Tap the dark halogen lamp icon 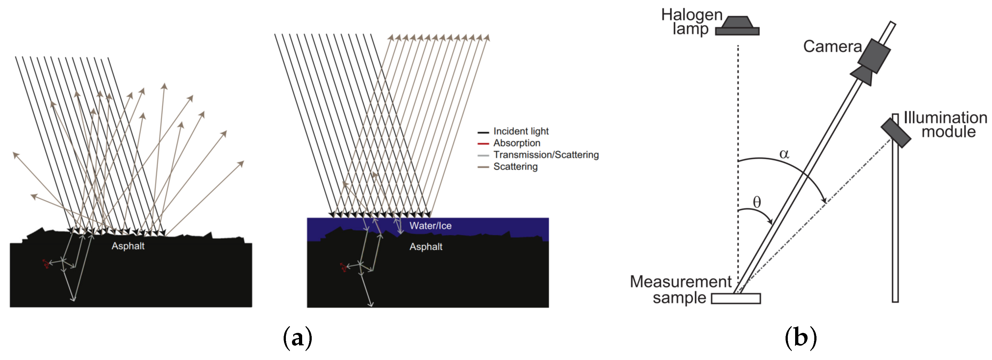pyautogui.click(x=737, y=26)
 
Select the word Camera pyautogui.click(x=832, y=47)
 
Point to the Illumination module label pyautogui.click(x=945, y=124)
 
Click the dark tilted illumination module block pyautogui.click(x=896, y=132)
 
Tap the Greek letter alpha pyautogui.click(x=784, y=154)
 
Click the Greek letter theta pyautogui.click(x=757, y=202)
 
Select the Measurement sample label pyautogui.click(x=681, y=289)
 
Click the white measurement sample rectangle pyautogui.click(x=735, y=299)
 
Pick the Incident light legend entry pyautogui.click(x=521, y=131)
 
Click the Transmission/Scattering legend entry pyautogui.click(x=546, y=155)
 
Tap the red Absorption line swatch pyautogui.click(x=483, y=143)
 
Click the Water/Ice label pyautogui.click(x=430, y=226)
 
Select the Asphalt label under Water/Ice pyautogui.click(x=426, y=247)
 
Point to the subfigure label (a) pyautogui.click(x=297, y=338)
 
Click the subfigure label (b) pyautogui.click(x=801, y=338)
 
